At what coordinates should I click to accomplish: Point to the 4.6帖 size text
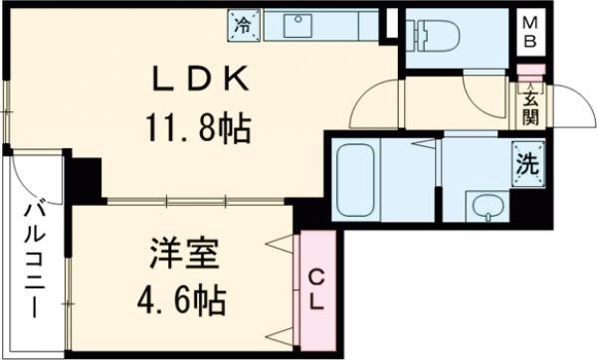tap(184, 296)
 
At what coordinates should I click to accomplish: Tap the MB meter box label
tap(531, 33)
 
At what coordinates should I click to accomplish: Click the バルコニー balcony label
tap(33, 260)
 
